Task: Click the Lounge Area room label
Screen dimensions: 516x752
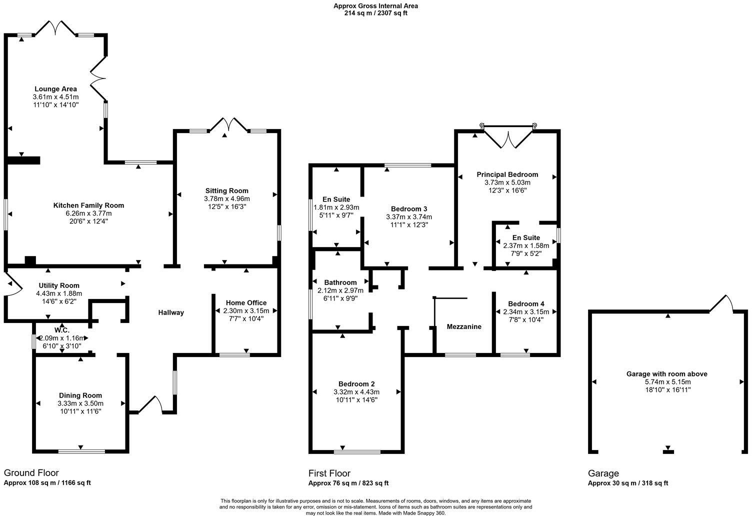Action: click(x=55, y=89)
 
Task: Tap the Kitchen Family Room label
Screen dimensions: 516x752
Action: click(x=88, y=205)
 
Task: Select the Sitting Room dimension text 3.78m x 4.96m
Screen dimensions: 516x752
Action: click(x=226, y=198)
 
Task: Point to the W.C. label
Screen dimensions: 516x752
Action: click(x=62, y=330)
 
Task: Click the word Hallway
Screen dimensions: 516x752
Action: click(x=171, y=312)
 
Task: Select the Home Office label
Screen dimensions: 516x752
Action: click(x=246, y=302)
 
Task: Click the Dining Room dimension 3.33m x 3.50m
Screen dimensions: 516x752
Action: click(x=80, y=403)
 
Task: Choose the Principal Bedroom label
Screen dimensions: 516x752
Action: click(x=507, y=174)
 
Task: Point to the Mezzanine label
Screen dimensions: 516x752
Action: click(x=464, y=326)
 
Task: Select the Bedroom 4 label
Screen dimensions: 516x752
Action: click(x=526, y=303)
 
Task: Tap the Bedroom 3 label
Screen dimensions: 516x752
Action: click(x=409, y=208)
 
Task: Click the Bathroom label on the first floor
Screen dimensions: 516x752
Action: click(x=340, y=282)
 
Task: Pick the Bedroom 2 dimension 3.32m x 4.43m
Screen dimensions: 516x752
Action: click(x=356, y=392)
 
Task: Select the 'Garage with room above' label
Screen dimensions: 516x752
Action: click(x=666, y=373)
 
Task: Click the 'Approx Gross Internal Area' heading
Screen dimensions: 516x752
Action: click(x=375, y=6)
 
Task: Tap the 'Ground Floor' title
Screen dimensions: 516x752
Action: click(x=31, y=472)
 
